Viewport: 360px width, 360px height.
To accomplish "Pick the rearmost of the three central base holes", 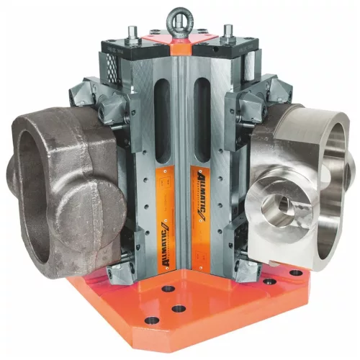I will pos(168,288).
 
